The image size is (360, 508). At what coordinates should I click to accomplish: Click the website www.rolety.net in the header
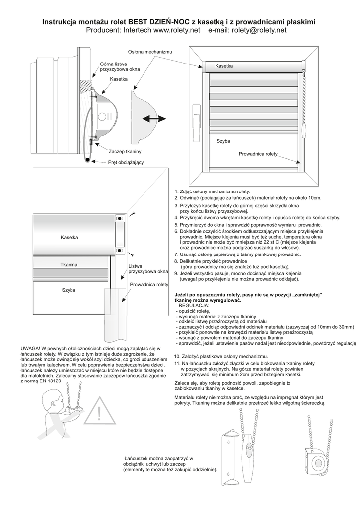(x=176, y=30)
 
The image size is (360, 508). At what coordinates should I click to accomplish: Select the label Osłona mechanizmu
(x=150, y=52)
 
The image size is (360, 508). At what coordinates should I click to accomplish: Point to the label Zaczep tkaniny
(x=125, y=151)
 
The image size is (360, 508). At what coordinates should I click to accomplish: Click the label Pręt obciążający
(x=126, y=162)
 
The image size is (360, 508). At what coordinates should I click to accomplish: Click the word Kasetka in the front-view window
(x=224, y=66)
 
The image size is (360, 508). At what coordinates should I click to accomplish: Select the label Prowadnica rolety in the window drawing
(x=258, y=154)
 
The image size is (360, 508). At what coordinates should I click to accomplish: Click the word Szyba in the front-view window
(x=223, y=141)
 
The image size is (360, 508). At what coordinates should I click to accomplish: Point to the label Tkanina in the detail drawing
(x=69, y=265)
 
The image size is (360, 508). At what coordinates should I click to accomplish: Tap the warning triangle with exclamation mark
(x=99, y=411)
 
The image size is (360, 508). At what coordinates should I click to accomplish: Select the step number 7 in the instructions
(x=176, y=254)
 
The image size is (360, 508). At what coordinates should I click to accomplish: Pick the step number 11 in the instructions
(x=177, y=364)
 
